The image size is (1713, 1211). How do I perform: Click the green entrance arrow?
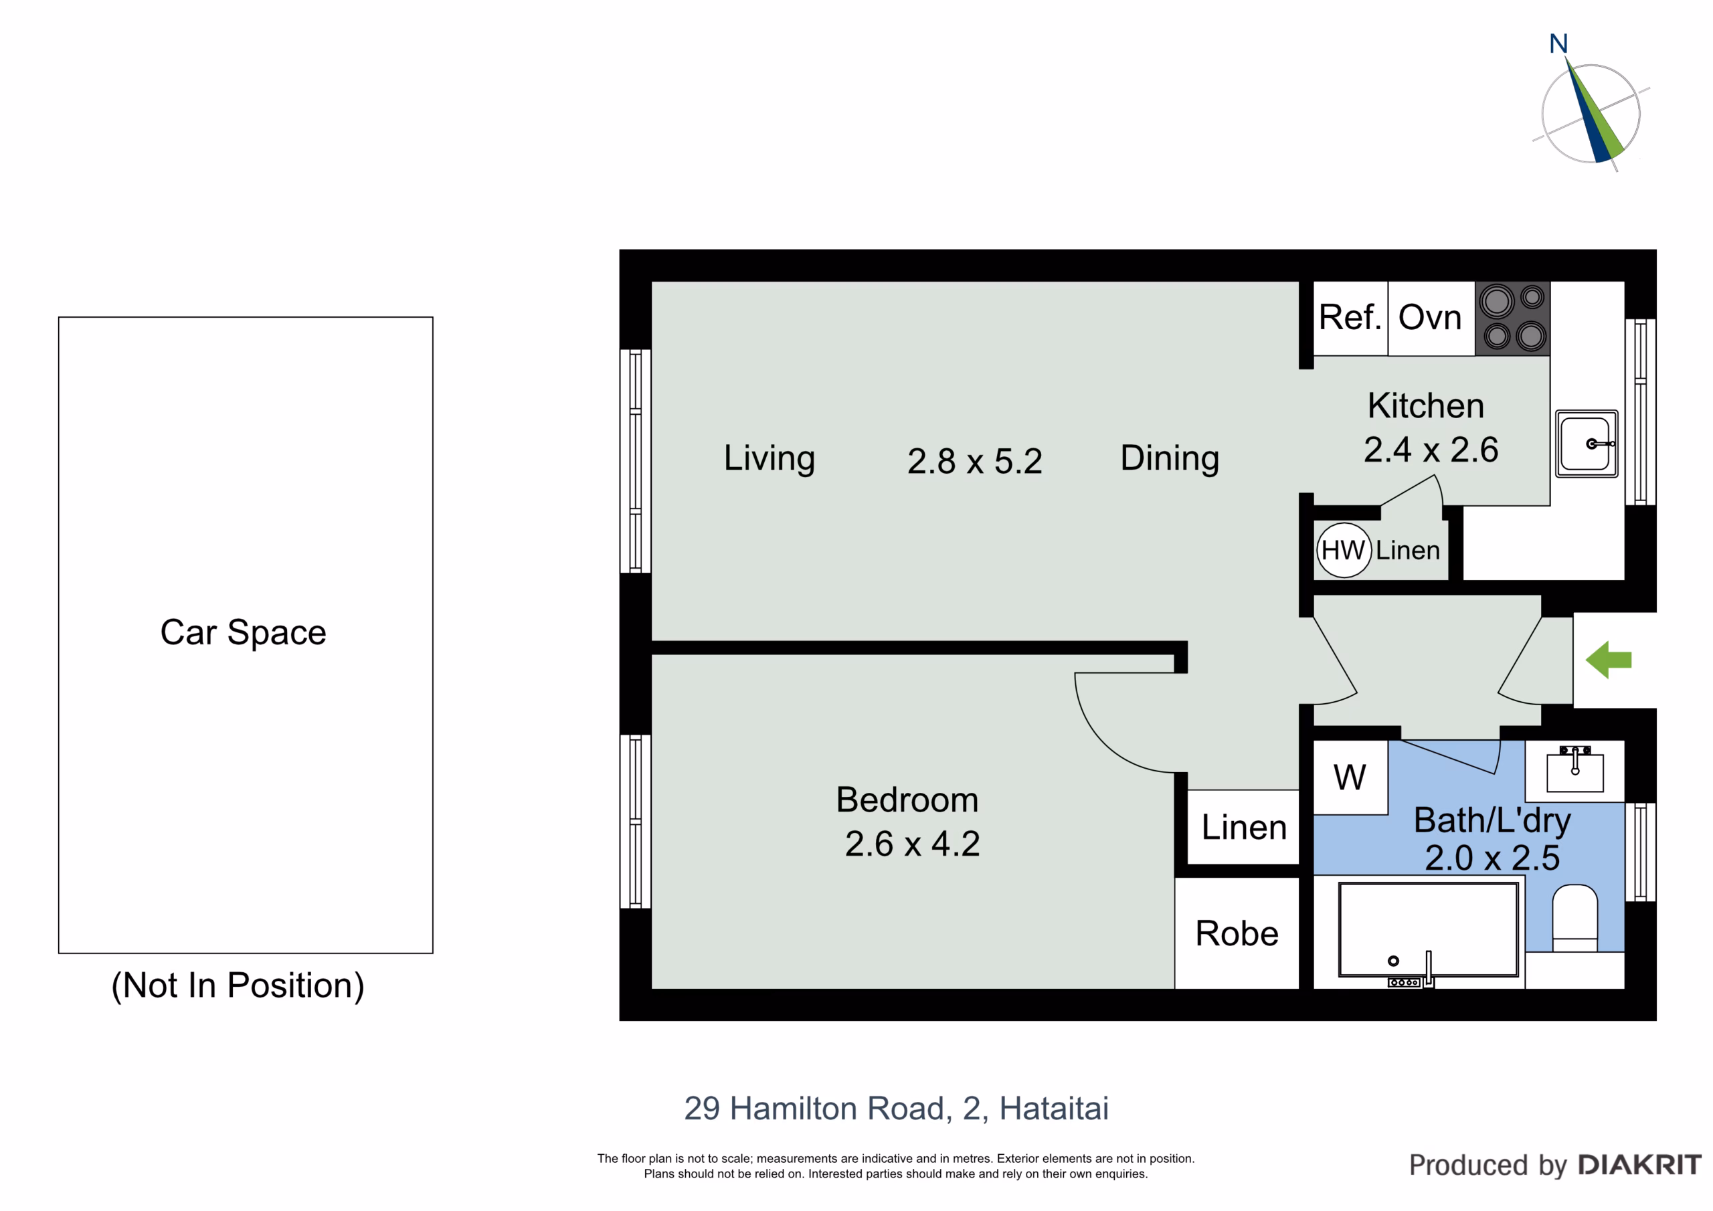click(1609, 660)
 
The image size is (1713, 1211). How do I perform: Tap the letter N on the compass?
click(1558, 43)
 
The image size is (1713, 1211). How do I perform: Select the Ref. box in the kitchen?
click(1350, 318)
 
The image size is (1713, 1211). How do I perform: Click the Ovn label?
click(1429, 318)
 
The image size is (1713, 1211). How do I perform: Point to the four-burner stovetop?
click(1512, 318)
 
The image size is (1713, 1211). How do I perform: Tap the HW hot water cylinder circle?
click(1344, 550)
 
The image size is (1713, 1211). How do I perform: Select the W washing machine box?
click(1350, 777)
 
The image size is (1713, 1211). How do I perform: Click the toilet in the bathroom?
click(1575, 918)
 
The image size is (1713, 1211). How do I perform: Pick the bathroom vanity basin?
click(1575, 771)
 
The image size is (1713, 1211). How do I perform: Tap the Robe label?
click(1237, 933)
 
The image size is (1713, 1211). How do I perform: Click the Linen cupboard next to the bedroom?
click(1244, 827)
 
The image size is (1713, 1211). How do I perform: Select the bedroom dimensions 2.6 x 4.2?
click(913, 844)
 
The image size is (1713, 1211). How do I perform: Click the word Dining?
click(1170, 458)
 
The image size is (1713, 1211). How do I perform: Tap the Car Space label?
click(243, 633)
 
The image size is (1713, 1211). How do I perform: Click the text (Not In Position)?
click(238, 986)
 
